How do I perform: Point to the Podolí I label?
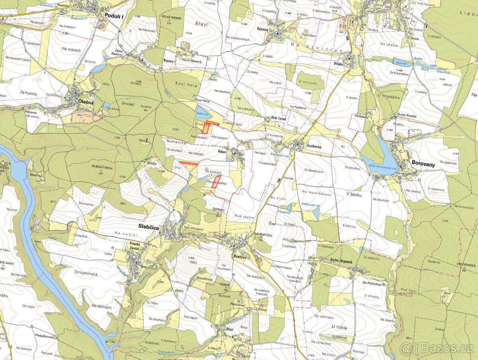click(115, 16)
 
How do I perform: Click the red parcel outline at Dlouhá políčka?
click(216, 182)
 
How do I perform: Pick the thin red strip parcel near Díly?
click(188, 163)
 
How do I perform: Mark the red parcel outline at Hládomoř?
click(208, 127)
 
